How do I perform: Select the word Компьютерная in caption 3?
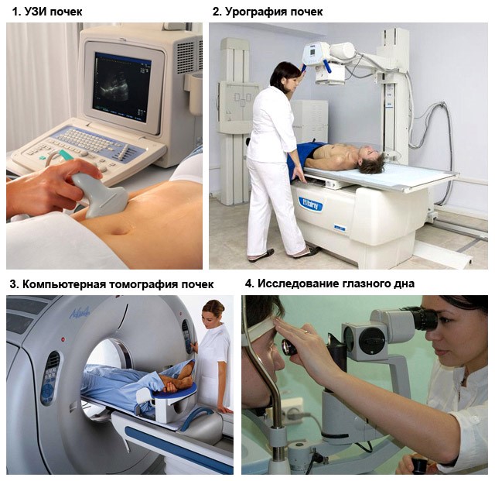pos(64,284)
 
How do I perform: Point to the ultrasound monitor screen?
pos(122,87)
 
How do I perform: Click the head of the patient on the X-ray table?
pos(373,160)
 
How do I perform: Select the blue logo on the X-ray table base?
pos(310,204)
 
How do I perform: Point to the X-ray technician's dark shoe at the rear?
pos(261,255)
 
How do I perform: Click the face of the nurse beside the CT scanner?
pos(209,317)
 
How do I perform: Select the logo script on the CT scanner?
pos(80,312)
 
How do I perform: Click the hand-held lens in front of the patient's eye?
pos(288,348)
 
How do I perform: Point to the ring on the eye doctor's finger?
pos(306,332)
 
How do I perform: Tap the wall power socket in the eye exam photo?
pos(292,411)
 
